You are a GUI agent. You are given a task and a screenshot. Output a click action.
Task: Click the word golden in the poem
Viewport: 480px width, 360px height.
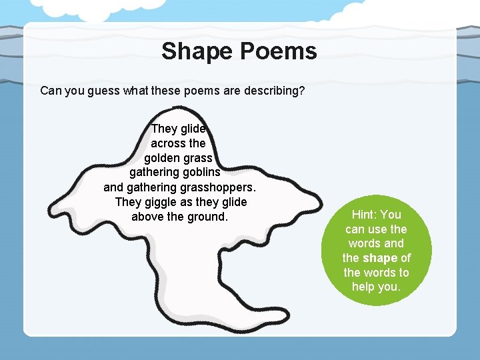[x=162, y=158]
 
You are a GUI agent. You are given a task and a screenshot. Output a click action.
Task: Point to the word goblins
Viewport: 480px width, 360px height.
[x=197, y=173]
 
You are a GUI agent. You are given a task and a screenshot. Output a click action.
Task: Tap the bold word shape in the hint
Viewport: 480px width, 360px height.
[x=381, y=258]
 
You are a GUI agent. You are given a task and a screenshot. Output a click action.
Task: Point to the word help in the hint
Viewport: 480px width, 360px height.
[x=365, y=287]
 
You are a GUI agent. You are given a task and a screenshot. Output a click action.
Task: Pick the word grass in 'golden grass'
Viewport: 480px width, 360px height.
[x=198, y=158]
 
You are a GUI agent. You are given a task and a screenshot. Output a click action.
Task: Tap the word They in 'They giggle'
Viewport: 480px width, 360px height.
[x=127, y=202]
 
